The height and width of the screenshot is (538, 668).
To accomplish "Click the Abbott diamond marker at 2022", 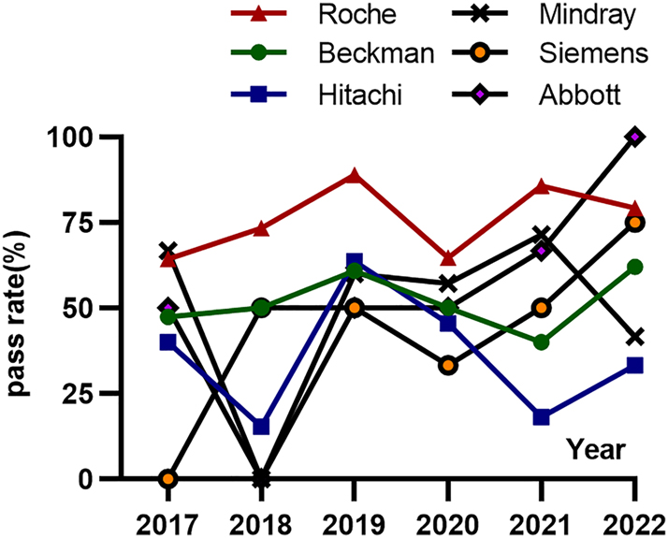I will (x=635, y=137).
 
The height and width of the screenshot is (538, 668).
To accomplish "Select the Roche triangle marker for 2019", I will (x=354, y=176).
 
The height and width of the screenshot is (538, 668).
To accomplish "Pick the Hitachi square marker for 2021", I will (x=542, y=417).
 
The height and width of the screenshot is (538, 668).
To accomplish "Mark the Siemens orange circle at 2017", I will (x=168, y=479).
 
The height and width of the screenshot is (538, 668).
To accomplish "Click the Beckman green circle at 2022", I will (x=635, y=267).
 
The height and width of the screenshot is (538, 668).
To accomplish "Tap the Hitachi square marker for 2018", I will (x=262, y=427).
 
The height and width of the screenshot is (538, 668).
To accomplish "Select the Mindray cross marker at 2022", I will (x=635, y=337).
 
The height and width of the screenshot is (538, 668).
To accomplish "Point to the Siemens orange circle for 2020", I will (x=448, y=366).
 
